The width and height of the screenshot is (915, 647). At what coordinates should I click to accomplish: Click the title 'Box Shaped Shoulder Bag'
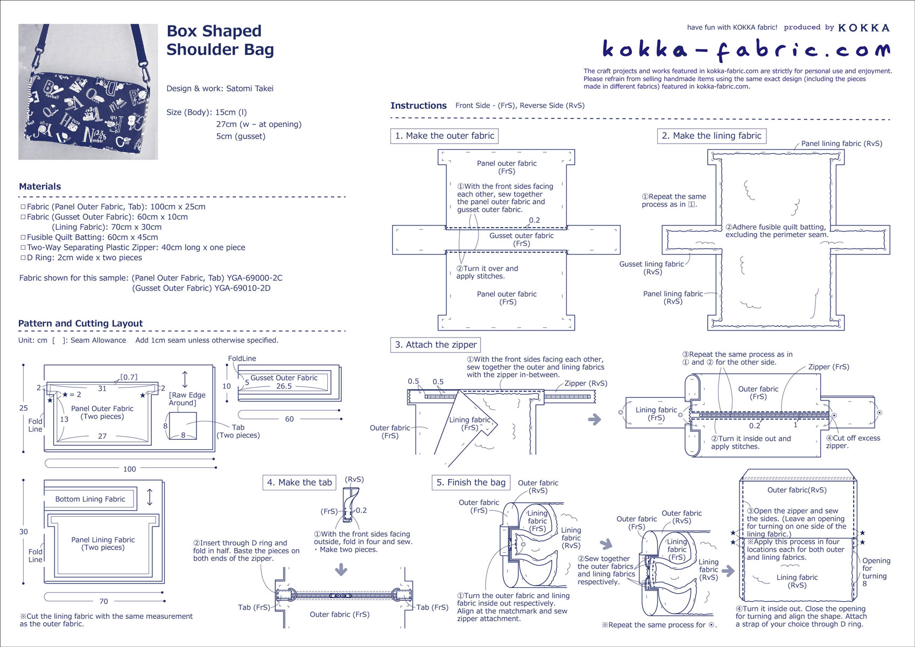pos(220,40)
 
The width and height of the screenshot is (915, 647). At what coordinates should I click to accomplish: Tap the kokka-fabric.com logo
pos(745,50)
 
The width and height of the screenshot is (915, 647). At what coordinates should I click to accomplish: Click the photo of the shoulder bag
pos(88,92)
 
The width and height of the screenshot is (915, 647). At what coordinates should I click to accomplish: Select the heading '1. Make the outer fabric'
pos(444,136)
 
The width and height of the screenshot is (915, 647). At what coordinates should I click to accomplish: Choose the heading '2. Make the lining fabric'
pos(711,136)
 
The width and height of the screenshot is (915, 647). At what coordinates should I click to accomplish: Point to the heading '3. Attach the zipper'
pos(435,344)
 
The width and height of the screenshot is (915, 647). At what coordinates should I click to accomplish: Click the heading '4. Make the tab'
pos(299,482)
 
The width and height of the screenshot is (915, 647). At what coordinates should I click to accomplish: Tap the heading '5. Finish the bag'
pos(471,482)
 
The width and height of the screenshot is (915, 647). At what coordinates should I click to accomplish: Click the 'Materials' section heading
pos(40,186)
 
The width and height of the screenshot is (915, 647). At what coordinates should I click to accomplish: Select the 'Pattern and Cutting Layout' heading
pos(81,323)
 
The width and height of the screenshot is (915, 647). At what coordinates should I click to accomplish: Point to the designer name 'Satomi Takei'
pos(250,88)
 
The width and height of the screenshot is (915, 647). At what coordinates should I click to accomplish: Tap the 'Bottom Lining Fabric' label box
pos(90,499)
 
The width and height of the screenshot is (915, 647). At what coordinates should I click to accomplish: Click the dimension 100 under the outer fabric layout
pos(130,469)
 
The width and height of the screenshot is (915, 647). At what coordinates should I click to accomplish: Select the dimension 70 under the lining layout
pos(103,601)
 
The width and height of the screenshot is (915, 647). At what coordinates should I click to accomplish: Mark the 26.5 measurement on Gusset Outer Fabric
pos(284,386)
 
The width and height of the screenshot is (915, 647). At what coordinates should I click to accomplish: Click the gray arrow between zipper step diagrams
pos(594,419)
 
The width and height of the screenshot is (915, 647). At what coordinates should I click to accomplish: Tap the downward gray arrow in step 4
pos(341,569)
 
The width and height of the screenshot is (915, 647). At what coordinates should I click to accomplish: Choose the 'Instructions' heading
pos(418,106)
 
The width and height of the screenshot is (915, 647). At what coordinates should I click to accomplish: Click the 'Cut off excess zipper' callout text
pos(853,441)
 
